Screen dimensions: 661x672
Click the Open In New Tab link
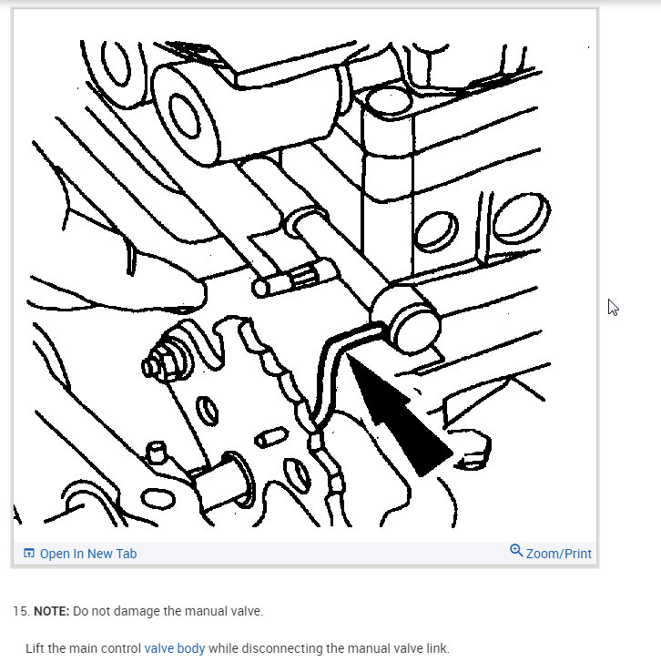pyautogui.click(x=88, y=554)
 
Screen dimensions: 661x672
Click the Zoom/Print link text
pyautogui.click(x=559, y=554)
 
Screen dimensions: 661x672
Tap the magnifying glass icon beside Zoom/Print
pyautogui.click(x=516, y=551)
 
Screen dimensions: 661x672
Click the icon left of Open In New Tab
pyautogui.click(x=29, y=554)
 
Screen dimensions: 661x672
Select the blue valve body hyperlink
pyautogui.click(x=175, y=648)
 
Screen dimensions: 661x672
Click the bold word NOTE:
pyautogui.click(x=51, y=611)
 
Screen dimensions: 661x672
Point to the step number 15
pyautogui.click(x=21, y=611)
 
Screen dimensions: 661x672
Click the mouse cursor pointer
pyautogui.click(x=613, y=307)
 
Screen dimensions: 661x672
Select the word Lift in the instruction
pyautogui.click(x=35, y=648)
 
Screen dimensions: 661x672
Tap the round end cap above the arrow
pyautogui.click(x=414, y=331)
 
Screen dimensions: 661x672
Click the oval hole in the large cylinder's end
pyautogui.click(x=185, y=117)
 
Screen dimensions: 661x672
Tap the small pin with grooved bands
pyautogui.click(x=291, y=279)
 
